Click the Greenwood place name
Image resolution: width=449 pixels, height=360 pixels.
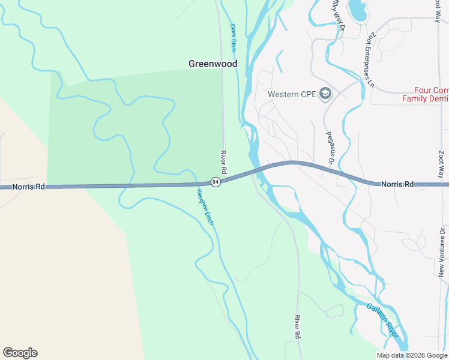pyautogui.click(x=212, y=64)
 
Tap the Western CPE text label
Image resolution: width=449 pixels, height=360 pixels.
pyautogui.click(x=292, y=94)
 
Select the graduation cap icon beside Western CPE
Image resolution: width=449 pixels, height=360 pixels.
pyautogui.click(x=325, y=94)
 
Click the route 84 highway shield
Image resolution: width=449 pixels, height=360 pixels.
pyautogui.click(x=215, y=182)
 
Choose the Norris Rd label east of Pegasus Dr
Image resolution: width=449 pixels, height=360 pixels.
pyautogui.click(x=397, y=184)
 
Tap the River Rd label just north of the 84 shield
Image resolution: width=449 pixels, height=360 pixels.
pyautogui.click(x=223, y=162)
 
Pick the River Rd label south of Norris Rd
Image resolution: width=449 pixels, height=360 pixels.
pyautogui.click(x=297, y=327)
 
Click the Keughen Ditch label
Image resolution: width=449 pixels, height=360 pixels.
pyautogui.click(x=205, y=207)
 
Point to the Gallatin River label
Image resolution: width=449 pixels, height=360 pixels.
pyautogui.click(x=382, y=319)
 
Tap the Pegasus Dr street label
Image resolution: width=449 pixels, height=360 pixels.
pyautogui.click(x=329, y=148)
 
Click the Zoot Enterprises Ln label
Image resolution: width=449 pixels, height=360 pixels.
pyautogui.click(x=368, y=59)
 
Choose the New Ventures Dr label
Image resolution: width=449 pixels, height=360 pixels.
pyautogui.click(x=442, y=252)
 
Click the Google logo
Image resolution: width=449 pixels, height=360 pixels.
pyautogui.click(x=20, y=353)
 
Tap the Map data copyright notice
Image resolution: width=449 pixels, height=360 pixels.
pyautogui.click(x=412, y=355)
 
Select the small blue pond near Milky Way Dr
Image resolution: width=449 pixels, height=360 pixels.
pyautogui.click(x=358, y=8)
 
